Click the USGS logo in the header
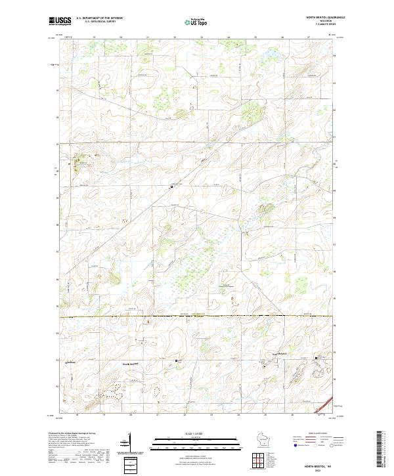60,21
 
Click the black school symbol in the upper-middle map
172,187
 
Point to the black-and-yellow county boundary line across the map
197,316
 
